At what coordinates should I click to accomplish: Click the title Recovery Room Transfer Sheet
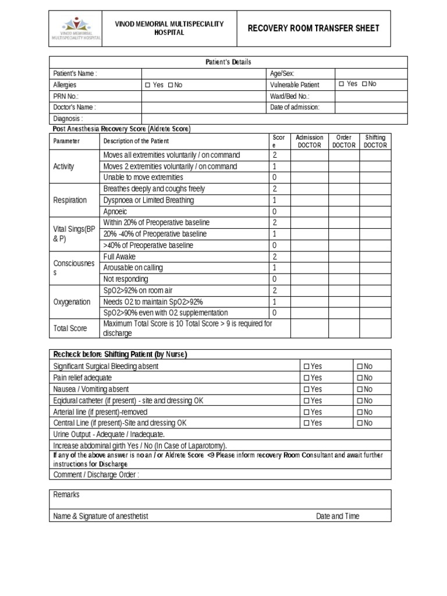point(314,28)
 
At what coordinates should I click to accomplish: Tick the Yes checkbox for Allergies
point(148,85)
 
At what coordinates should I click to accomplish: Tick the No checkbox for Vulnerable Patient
point(364,84)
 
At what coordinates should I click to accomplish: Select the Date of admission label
point(295,107)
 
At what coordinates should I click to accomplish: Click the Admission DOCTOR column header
point(309,141)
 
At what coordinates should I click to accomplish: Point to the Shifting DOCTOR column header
point(375,141)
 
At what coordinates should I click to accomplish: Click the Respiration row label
point(70,200)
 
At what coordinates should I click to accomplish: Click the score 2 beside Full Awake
point(275,257)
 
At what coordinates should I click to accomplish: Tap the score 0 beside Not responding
point(275,279)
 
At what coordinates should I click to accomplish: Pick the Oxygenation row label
point(72,302)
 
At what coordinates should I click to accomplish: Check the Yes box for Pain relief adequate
point(306,378)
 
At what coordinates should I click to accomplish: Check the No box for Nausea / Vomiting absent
point(360,389)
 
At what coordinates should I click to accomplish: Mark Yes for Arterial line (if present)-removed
point(306,412)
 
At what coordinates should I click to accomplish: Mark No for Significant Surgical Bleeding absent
point(360,367)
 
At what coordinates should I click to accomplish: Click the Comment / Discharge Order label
point(96,474)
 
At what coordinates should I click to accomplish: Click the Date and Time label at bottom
point(338,516)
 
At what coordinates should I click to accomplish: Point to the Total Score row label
point(70,328)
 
